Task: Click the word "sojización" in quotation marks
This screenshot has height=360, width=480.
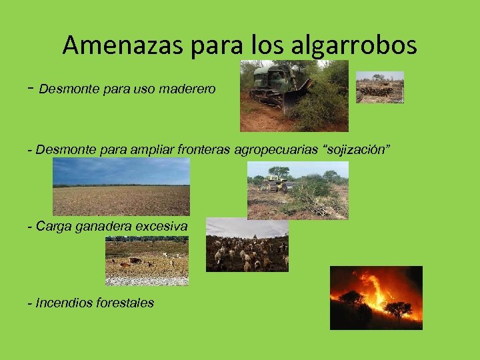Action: tap(354, 149)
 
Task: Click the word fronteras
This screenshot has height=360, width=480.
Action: tap(199, 149)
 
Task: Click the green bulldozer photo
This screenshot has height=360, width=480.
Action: tap(294, 96)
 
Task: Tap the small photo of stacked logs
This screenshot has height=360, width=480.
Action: tap(379, 87)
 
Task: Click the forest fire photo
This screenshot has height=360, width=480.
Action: tap(376, 297)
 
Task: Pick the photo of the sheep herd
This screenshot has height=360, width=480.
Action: tap(247, 245)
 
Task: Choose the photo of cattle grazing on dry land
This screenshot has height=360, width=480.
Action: tap(147, 261)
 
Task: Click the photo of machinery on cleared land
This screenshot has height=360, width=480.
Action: tap(297, 190)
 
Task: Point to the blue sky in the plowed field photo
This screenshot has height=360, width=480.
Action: tap(121, 171)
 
